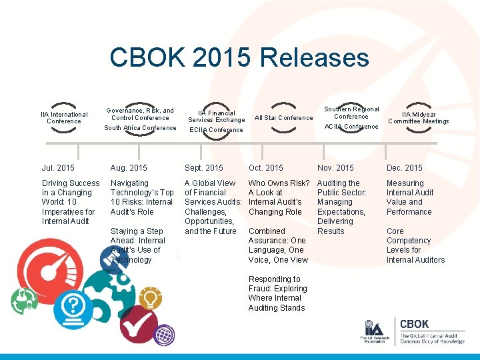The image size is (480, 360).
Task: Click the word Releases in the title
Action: (x=315, y=57)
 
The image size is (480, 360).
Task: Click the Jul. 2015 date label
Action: (x=58, y=168)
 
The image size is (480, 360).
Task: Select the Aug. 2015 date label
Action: (x=129, y=168)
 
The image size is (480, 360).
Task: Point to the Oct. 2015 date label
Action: (x=265, y=168)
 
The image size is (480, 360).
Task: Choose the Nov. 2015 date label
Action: (x=335, y=168)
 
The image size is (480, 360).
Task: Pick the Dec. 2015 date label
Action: (x=404, y=168)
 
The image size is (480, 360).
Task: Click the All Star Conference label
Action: (x=283, y=118)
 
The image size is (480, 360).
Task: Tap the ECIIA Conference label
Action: (x=216, y=130)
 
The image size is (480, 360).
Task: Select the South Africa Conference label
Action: (x=140, y=128)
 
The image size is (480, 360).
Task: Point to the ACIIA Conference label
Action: (x=351, y=127)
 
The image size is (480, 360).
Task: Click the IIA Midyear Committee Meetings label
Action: (x=419, y=118)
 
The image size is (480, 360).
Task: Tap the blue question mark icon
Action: (x=73, y=307)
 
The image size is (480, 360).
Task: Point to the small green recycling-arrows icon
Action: (x=25, y=300)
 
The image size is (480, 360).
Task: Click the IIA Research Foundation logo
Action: (x=373, y=332)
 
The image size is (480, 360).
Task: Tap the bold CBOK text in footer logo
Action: (x=414, y=325)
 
